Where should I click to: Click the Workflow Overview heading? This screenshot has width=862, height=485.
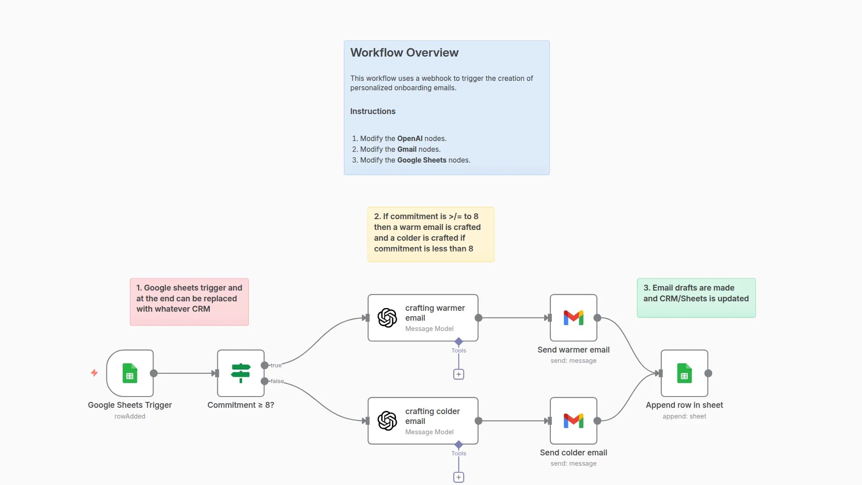click(x=404, y=53)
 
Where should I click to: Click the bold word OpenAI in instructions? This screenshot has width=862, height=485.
click(x=409, y=138)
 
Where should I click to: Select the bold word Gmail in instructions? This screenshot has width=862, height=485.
click(x=406, y=149)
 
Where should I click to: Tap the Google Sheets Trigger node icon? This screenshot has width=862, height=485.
click(x=130, y=373)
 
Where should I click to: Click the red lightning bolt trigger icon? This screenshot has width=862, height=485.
click(x=94, y=373)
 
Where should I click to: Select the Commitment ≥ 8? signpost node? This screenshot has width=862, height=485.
click(x=241, y=373)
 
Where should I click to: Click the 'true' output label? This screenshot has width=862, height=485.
click(x=276, y=366)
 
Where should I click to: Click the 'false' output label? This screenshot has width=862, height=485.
click(x=277, y=381)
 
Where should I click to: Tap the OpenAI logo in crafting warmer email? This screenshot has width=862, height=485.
click(x=387, y=318)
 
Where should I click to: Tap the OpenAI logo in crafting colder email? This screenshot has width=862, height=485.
click(x=387, y=421)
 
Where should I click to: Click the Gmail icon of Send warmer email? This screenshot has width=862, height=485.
click(x=573, y=318)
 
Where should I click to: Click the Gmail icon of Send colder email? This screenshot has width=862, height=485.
click(x=573, y=421)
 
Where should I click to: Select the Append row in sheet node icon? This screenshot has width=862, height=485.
click(x=684, y=373)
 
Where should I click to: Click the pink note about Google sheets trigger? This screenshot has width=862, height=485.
click(x=189, y=301)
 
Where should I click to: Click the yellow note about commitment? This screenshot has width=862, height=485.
click(x=431, y=234)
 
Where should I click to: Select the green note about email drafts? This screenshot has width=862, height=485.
click(x=696, y=297)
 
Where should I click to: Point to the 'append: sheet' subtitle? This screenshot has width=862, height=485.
click(x=684, y=416)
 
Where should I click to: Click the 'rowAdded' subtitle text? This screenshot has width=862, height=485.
click(x=130, y=416)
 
